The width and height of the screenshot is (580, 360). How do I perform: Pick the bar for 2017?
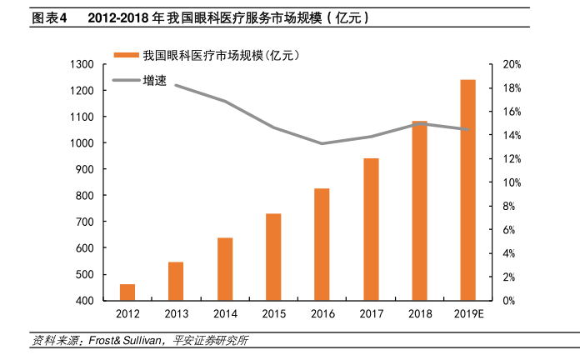pos(371,229)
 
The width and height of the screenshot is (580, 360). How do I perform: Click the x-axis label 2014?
pos(224,315)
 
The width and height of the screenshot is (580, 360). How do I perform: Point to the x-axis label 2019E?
pos(467,315)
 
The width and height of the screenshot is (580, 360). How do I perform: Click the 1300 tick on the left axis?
pos(82,64)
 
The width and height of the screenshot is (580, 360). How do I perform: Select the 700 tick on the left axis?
pos(84,222)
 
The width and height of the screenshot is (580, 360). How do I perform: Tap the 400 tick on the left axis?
pos(84,301)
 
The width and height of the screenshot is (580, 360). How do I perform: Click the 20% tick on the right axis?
pos(512,64)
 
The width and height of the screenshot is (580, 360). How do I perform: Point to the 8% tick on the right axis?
pos(509,206)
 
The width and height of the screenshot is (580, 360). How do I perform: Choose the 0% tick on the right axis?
pos(509,301)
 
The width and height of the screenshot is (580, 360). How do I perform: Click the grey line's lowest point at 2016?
pos(322,143)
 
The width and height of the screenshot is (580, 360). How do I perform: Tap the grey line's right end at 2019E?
pos(467,129)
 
